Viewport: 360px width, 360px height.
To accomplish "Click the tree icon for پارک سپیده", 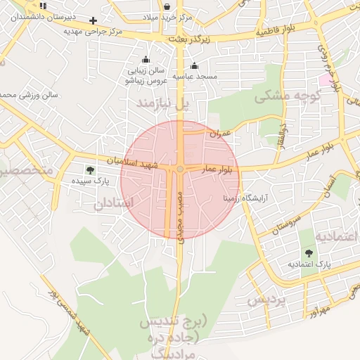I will point(89,169).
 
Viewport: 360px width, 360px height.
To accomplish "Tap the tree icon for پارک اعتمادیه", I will point(309,252).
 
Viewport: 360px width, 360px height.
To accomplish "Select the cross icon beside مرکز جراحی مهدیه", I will point(93,20).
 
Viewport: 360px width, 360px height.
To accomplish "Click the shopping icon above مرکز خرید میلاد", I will point(166,6).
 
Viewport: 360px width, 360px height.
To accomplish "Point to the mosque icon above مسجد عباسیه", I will point(194,66).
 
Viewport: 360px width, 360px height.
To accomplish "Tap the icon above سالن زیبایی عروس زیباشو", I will point(146,60).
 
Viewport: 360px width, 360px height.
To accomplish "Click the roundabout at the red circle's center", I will point(181,169).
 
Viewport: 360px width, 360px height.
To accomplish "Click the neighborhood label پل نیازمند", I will point(163,104).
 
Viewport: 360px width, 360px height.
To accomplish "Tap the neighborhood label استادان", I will point(112,204).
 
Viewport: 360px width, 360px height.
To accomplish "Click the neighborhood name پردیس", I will point(266,301).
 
